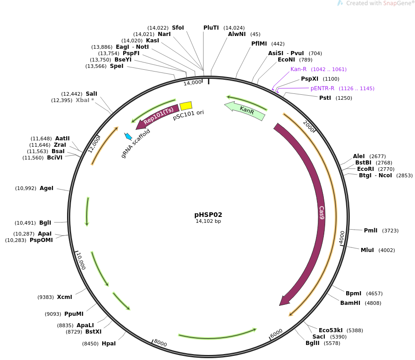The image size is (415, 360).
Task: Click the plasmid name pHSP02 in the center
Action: point(208,215)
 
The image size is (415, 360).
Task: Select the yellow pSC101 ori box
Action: point(186,106)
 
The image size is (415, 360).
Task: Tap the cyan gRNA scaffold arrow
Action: point(128,136)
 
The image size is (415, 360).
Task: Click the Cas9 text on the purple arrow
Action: point(322,213)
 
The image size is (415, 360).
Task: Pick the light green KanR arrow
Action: point(245,110)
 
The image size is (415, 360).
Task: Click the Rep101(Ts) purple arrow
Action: point(158,116)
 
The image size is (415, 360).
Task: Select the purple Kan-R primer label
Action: point(298,69)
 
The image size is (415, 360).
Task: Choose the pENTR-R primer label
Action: point(322,88)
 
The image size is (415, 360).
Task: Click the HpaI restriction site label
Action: point(109,344)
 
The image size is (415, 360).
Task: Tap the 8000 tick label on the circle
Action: point(160,343)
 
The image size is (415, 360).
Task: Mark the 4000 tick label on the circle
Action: point(342,237)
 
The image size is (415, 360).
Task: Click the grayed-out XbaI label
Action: point(85,100)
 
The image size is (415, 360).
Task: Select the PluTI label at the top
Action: point(211,28)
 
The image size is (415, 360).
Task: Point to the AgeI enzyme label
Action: point(47,188)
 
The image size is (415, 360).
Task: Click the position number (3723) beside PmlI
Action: point(390,231)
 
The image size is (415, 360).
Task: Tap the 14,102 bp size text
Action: point(208,221)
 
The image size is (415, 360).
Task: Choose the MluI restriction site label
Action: point(367,250)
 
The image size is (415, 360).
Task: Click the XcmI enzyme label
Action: point(64,297)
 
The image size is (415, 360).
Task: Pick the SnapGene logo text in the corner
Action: point(380,3)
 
